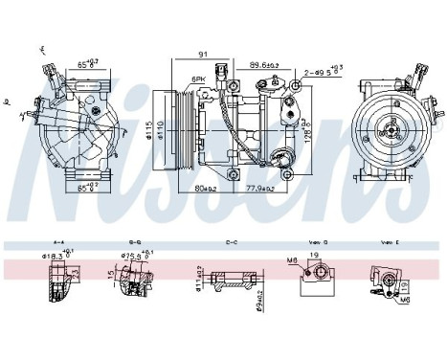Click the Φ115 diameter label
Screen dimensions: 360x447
click(149, 127)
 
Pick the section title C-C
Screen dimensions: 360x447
click(232, 243)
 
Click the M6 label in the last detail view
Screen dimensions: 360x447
click(406, 299)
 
